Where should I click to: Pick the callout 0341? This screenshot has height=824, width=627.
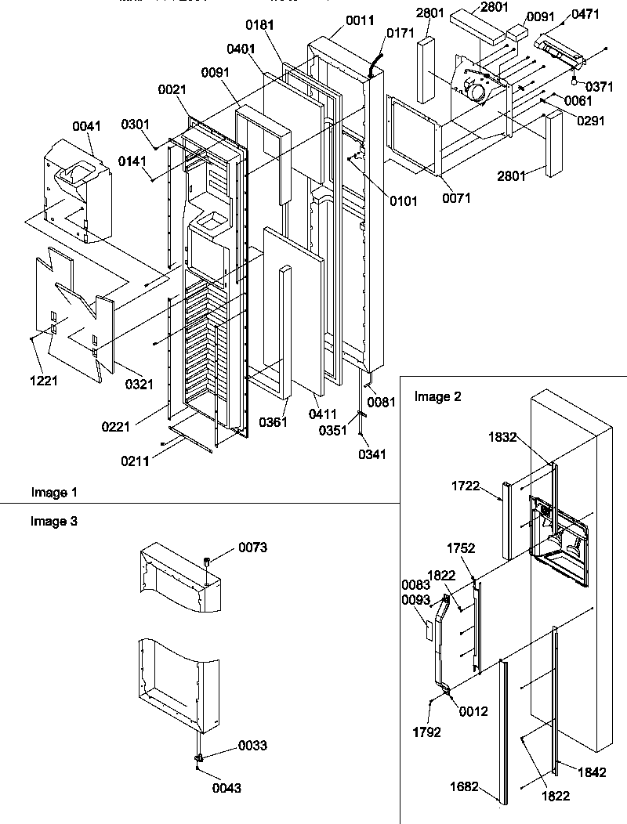coord(371,454)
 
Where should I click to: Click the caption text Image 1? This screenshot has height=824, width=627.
coord(54,492)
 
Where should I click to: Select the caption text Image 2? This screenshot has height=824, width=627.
coord(437,396)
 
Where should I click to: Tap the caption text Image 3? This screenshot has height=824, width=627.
coord(54,520)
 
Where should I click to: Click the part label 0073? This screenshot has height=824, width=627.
coord(252,548)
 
